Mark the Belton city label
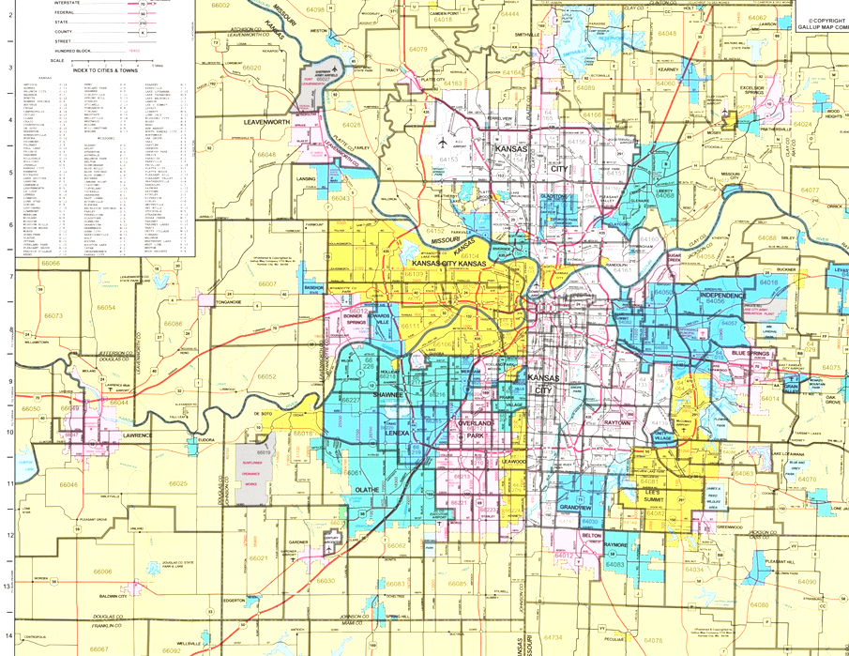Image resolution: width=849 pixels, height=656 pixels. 592,535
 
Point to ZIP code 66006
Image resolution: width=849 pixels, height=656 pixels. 102,571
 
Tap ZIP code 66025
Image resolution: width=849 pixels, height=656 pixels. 178,483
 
